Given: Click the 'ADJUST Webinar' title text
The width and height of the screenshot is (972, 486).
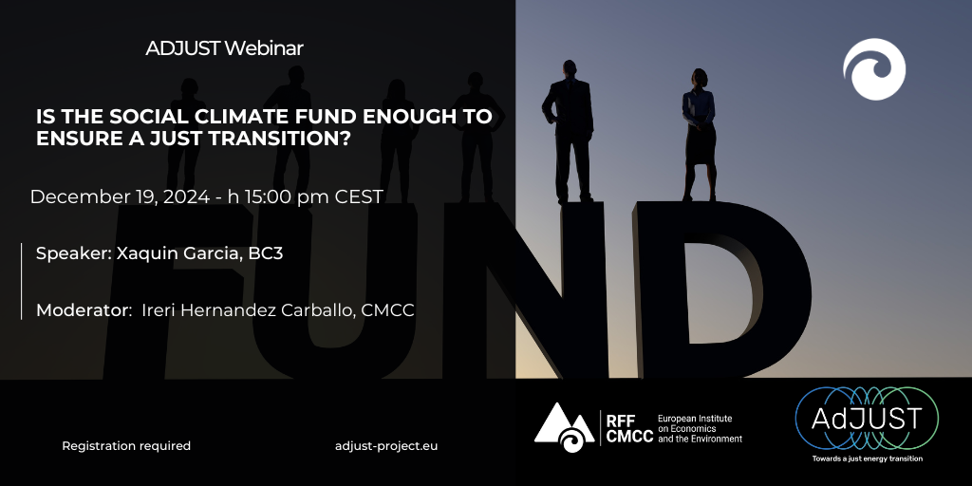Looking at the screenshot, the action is [x=224, y=47].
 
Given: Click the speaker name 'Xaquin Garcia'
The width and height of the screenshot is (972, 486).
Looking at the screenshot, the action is [x=177, y=253].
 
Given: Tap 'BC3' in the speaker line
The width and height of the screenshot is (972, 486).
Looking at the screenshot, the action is [x=266, y=253].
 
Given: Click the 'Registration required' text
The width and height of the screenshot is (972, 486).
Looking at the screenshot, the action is [x=126, y=446].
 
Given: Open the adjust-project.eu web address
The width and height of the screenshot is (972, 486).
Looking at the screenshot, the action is [x=386, y=446].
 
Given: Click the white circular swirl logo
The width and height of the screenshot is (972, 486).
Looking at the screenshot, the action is [x=874, y=69].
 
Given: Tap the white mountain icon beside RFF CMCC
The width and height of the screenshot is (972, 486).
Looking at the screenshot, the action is [x=564, y=427].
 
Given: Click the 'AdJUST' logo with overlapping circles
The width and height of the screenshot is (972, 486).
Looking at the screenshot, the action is [x=867, y=418].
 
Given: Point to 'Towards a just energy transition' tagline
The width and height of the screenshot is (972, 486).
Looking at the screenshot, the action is [x=868, y=458].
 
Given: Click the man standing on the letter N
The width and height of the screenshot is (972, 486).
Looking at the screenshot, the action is [x=569, y=131].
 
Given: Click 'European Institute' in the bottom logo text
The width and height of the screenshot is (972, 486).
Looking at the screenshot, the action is [x=695, y=419].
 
